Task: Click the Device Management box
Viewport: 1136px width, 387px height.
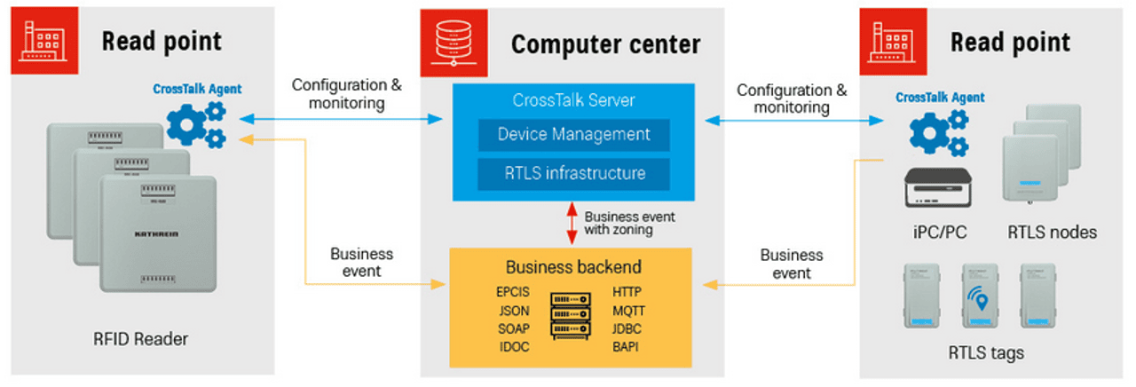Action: pos(573,135)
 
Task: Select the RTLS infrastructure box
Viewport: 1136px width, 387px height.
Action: pos(573,172)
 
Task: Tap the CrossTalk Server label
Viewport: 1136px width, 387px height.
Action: pos(573,100)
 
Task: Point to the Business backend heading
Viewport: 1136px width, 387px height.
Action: pos(573,267)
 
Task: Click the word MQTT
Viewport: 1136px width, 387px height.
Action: pos(628,311)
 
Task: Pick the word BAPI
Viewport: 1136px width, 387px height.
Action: pos(625,347)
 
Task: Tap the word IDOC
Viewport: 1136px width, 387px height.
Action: pos(514,347)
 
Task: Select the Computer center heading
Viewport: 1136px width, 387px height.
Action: pos(605,44)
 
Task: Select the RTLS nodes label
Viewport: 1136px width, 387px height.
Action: pos(1052,233)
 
